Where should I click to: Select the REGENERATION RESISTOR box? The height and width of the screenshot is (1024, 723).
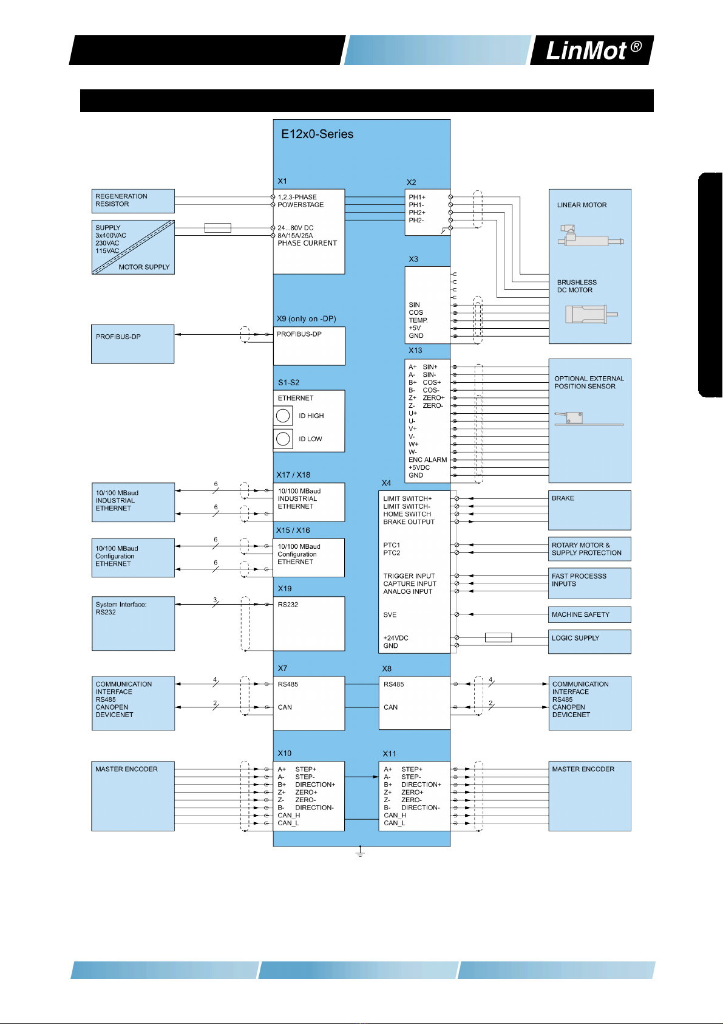133,201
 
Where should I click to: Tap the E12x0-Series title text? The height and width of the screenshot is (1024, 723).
317,134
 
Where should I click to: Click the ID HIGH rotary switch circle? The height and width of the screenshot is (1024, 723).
283,416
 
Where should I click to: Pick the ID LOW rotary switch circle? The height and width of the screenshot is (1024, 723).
283,439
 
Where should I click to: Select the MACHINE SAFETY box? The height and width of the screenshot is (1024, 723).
589,614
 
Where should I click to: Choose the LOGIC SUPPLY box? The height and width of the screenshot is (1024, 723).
589,641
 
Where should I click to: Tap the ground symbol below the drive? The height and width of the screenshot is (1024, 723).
360,852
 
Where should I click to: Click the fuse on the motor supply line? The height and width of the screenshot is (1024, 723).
217,228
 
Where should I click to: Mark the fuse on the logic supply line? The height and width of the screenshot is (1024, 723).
498,637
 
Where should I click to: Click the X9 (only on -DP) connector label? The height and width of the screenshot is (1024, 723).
307,319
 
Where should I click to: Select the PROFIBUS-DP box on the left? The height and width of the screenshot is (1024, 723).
132,344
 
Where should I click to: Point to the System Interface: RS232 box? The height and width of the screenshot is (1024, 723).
133,624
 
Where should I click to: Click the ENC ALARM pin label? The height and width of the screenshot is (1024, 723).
427,460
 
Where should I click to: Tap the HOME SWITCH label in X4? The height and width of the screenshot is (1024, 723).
407,514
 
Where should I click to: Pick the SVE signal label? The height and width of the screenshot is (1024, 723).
390,615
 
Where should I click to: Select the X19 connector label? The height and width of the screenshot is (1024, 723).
285,589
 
